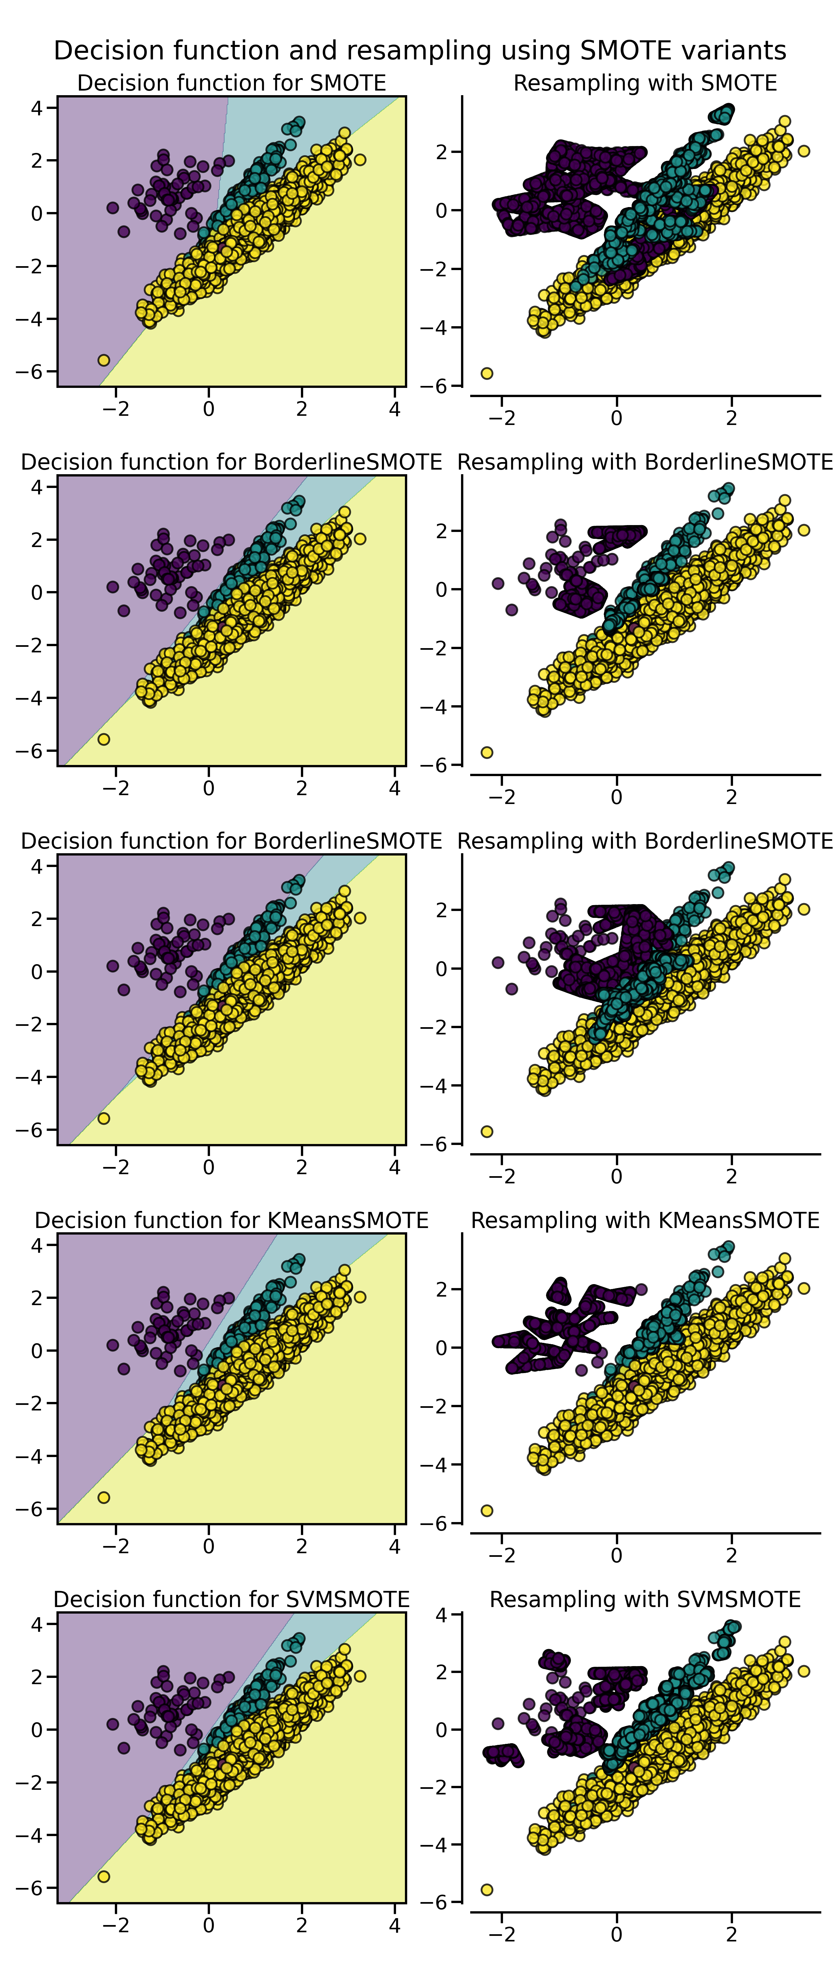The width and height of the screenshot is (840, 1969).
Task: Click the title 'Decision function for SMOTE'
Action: pos(232,83)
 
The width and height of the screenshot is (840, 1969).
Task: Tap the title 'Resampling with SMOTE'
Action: pos(645,83)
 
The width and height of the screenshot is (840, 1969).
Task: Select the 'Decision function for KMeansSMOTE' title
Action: pos(232,1220)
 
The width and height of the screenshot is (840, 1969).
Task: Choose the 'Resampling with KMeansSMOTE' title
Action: pos(645,1220)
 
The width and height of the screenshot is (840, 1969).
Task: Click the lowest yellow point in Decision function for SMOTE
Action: pos(104,360)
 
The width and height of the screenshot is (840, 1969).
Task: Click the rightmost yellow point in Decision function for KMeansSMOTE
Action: pos(360,1297)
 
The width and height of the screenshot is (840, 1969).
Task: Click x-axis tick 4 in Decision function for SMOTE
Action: pos(394,409)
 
